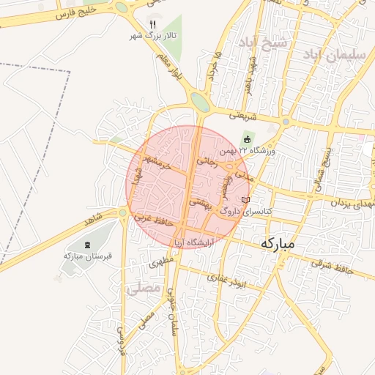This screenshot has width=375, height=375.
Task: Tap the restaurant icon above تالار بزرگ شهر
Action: click(x=152, y=23)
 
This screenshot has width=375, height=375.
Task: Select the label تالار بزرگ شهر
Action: click(x=152, y=34)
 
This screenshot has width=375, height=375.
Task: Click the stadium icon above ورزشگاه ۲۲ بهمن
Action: click(x=247, y=139)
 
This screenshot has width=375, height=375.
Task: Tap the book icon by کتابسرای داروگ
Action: click(x=245, y=199)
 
